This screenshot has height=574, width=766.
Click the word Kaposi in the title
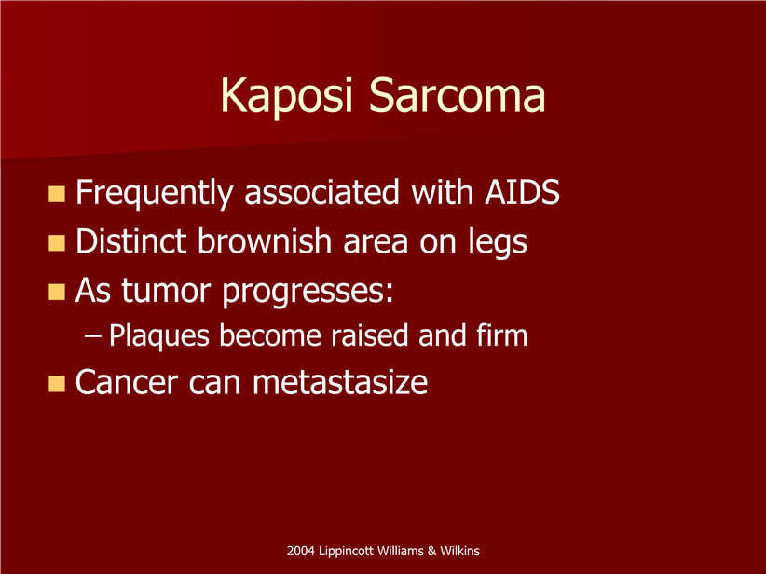tap(286, 96)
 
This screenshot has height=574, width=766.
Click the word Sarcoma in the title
tap(457, 94)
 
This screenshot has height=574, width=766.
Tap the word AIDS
tap(522, 192)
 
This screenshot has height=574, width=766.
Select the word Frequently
tap(154, 194)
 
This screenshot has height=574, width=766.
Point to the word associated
tap(321, 192)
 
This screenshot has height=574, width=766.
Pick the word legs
tap(498, 243)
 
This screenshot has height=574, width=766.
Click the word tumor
tap(166, 290)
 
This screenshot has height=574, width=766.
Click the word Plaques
tap(158, 336)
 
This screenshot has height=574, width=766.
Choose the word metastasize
tap(339, 382)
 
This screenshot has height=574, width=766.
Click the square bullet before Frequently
tap(57, 194)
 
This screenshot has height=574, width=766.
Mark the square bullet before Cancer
tap(57, 384)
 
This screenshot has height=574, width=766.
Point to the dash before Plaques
tap(93, 336)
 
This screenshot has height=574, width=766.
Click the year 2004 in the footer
tap(300, 551)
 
